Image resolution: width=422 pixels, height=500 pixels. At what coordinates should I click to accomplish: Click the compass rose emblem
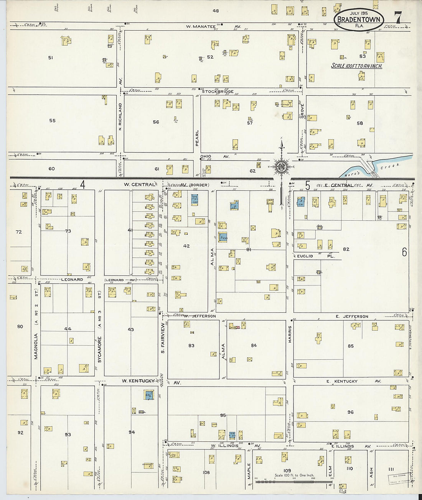coord(282,167)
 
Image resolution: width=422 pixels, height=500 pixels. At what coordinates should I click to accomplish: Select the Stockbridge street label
coord(218,92)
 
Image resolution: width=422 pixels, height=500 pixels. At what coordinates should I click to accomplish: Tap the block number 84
coord(254,346)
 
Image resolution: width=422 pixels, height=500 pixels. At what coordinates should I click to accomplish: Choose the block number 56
coord(156,122)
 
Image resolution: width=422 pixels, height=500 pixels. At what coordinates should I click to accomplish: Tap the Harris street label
coord(290,334)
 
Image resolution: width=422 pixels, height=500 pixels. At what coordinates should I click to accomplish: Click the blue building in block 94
coord(148,395)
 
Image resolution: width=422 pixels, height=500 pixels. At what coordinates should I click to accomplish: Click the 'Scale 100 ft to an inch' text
coord(356,66)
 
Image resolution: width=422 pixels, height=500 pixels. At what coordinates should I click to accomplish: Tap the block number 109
coord(287,470)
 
